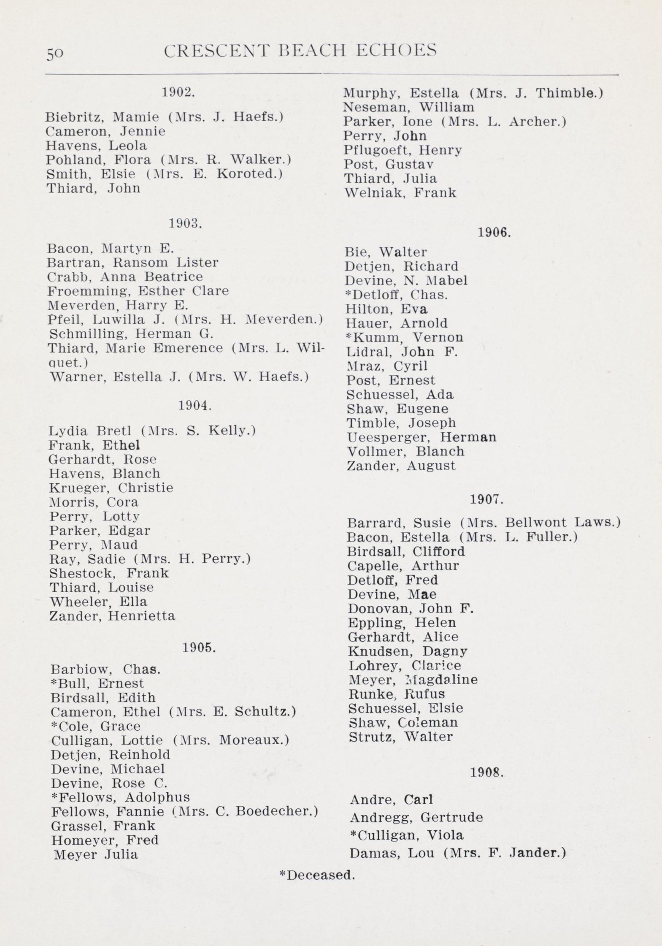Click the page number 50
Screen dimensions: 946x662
pos(55,54)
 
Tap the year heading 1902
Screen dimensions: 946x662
pos(178,92)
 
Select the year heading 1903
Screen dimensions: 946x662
pos(185,223)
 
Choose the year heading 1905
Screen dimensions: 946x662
pos(199,648)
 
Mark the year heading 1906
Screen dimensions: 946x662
pos(494,233)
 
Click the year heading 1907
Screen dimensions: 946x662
pos(486,500)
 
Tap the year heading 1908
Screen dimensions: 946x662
pos(486,773)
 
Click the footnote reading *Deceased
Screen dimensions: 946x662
pos(317,875)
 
